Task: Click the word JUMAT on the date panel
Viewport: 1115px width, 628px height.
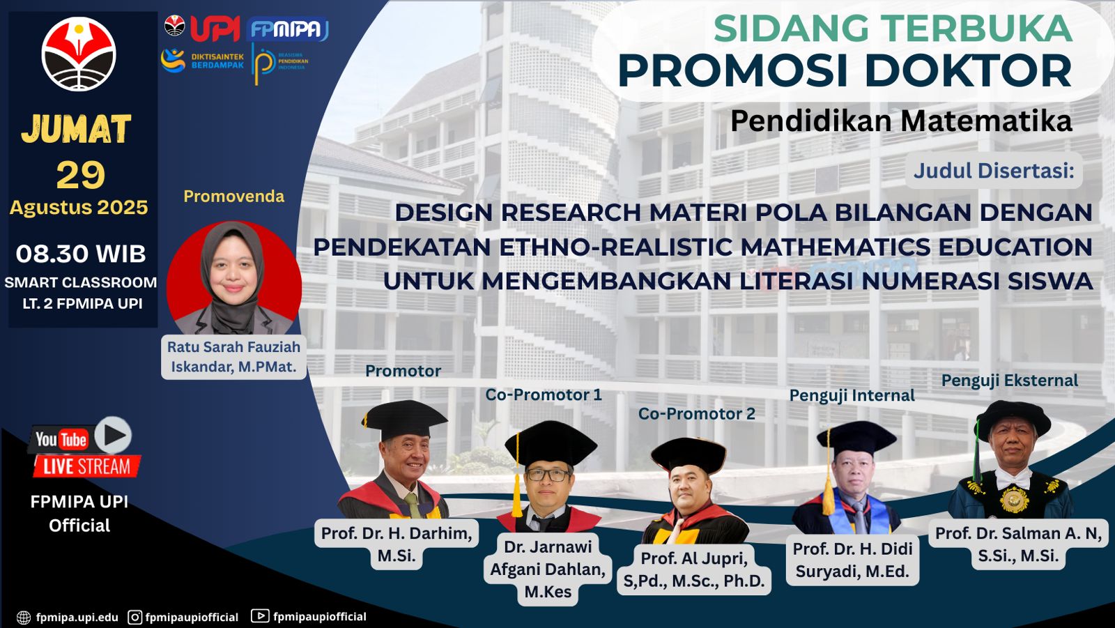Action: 76,129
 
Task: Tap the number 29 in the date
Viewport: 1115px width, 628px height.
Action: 81,175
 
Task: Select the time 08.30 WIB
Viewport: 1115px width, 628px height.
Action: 81,254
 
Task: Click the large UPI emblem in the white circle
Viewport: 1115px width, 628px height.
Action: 79,54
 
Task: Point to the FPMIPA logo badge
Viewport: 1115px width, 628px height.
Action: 287,29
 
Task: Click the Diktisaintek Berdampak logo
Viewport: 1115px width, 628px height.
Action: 202,61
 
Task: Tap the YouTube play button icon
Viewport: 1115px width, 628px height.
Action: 113,435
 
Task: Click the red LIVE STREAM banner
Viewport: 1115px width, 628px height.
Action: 86,466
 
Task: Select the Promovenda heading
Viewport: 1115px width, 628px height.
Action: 234,197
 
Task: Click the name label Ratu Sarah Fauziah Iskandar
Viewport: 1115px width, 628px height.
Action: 234,357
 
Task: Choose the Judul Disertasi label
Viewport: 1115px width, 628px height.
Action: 994,170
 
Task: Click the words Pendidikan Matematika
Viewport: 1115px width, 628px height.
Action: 901,121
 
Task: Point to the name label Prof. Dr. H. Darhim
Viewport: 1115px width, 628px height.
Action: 397,544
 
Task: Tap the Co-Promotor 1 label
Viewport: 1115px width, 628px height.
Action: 544,395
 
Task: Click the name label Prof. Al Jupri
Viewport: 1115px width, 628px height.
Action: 694,569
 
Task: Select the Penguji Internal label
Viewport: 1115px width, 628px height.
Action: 852,395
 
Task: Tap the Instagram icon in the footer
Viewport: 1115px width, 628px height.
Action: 135,617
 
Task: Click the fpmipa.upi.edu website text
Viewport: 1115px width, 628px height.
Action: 77,618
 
